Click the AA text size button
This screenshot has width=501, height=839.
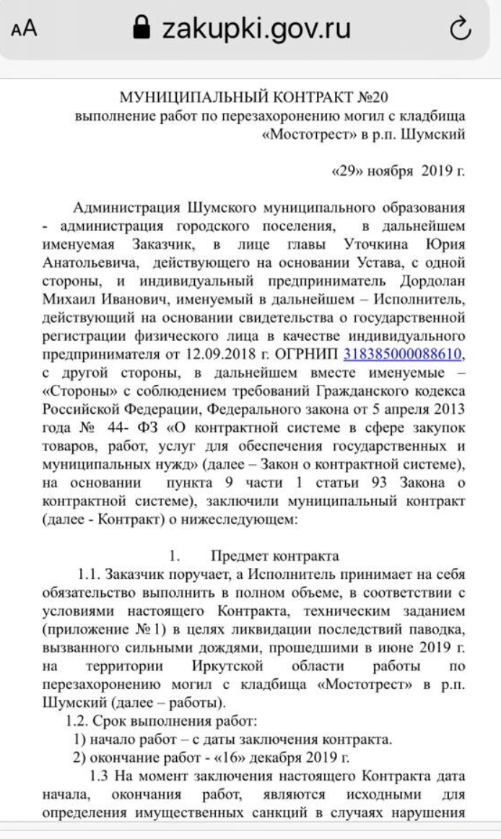[24, 29]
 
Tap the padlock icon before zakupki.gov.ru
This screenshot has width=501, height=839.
[143, 28]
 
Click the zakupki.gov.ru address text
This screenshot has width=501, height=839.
[256, 28]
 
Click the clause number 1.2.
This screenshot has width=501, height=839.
[78, 719]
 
